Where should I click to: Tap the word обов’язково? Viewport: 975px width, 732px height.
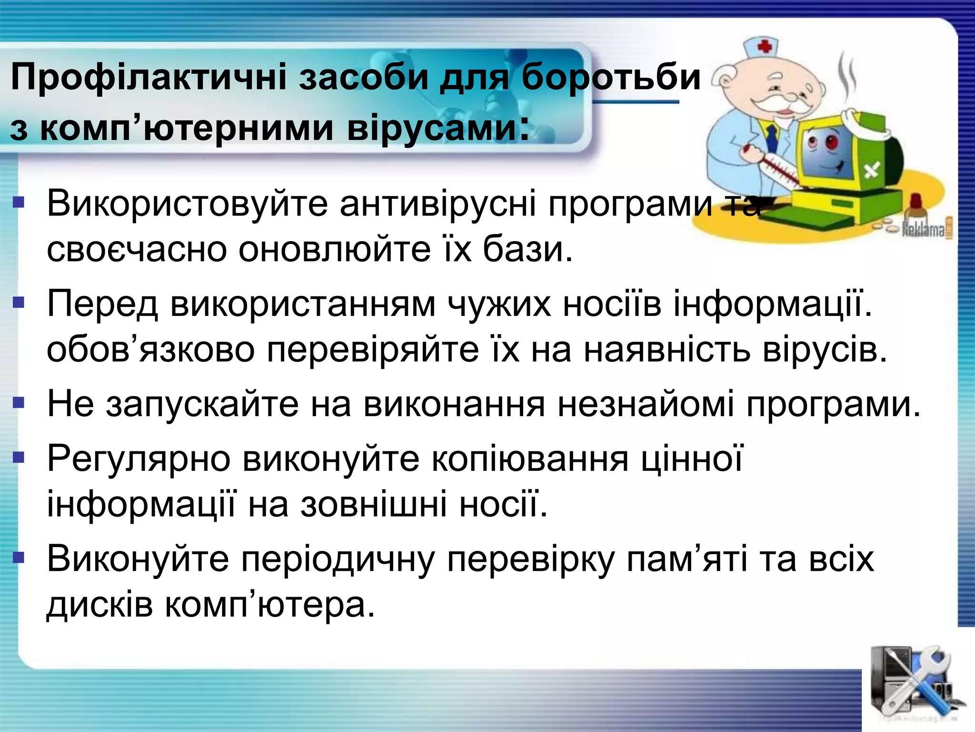pos(150,350)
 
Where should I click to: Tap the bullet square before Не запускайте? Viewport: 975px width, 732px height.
pos(18,404)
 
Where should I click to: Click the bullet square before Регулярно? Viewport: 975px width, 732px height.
pos(18,458)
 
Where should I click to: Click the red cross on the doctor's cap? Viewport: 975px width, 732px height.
pos(765,46)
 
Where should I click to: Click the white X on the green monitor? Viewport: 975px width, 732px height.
pos(872,169)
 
